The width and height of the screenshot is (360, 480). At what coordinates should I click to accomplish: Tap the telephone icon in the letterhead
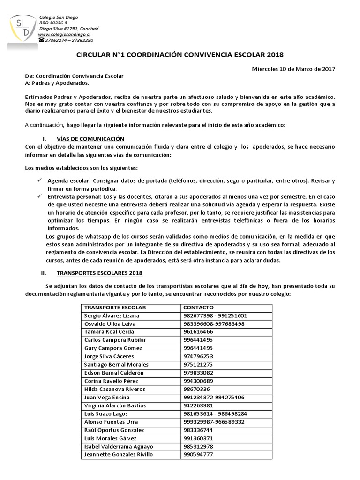(x=41, y=41)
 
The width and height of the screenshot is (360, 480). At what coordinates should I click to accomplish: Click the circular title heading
(x=180, y=55)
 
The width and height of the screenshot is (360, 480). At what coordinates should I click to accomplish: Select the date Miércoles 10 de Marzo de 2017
(x=293, y=69)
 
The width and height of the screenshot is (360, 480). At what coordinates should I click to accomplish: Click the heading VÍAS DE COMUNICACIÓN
(x=90, y=139)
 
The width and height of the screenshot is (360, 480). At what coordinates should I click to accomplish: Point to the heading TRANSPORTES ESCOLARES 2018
(x=99, y=273)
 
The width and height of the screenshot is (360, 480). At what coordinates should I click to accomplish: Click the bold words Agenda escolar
(x=69, y=180)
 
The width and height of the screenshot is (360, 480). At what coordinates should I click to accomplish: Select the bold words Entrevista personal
(x=73, y=197)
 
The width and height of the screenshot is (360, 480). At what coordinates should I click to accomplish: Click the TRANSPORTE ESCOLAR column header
(x=115, y=307)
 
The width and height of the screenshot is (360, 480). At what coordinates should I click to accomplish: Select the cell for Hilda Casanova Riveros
(x=114, y=389)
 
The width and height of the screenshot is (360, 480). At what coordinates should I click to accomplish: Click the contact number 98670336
(x=197, y=389)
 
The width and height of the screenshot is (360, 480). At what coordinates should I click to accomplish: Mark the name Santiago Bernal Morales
(x=116, y=364)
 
